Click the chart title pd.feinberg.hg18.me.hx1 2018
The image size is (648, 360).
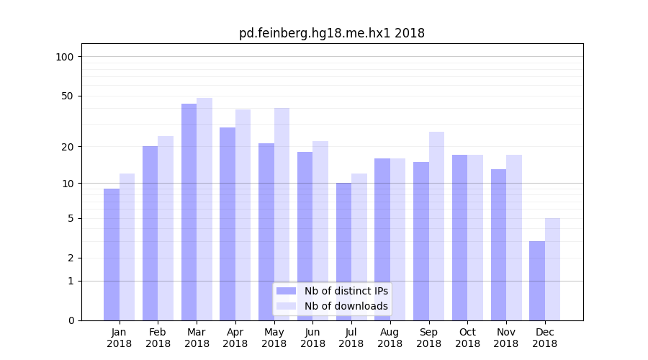pyautogui.click(x=332, y=33)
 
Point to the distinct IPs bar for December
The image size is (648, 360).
pyautogui.click(x=537, y=281)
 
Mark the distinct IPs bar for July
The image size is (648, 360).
pyautogui.click(x=343, y=251)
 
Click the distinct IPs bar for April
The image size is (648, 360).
pyautogui.click(x=228, y=224)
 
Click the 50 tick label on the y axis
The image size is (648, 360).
pyautogui.click(x=68, y=96)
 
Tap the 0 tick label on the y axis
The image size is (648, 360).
pyautogui.click(x=71, y=320)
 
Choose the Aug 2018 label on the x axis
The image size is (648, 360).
pyautogui.click(x=390, y=338)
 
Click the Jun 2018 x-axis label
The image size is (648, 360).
pyautogui.click(x=312, y=338)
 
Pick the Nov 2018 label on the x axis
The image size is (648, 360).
pyautogui.click(x=506, y=338)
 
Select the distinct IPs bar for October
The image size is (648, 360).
pyautogui.click(x=459, y=238)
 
